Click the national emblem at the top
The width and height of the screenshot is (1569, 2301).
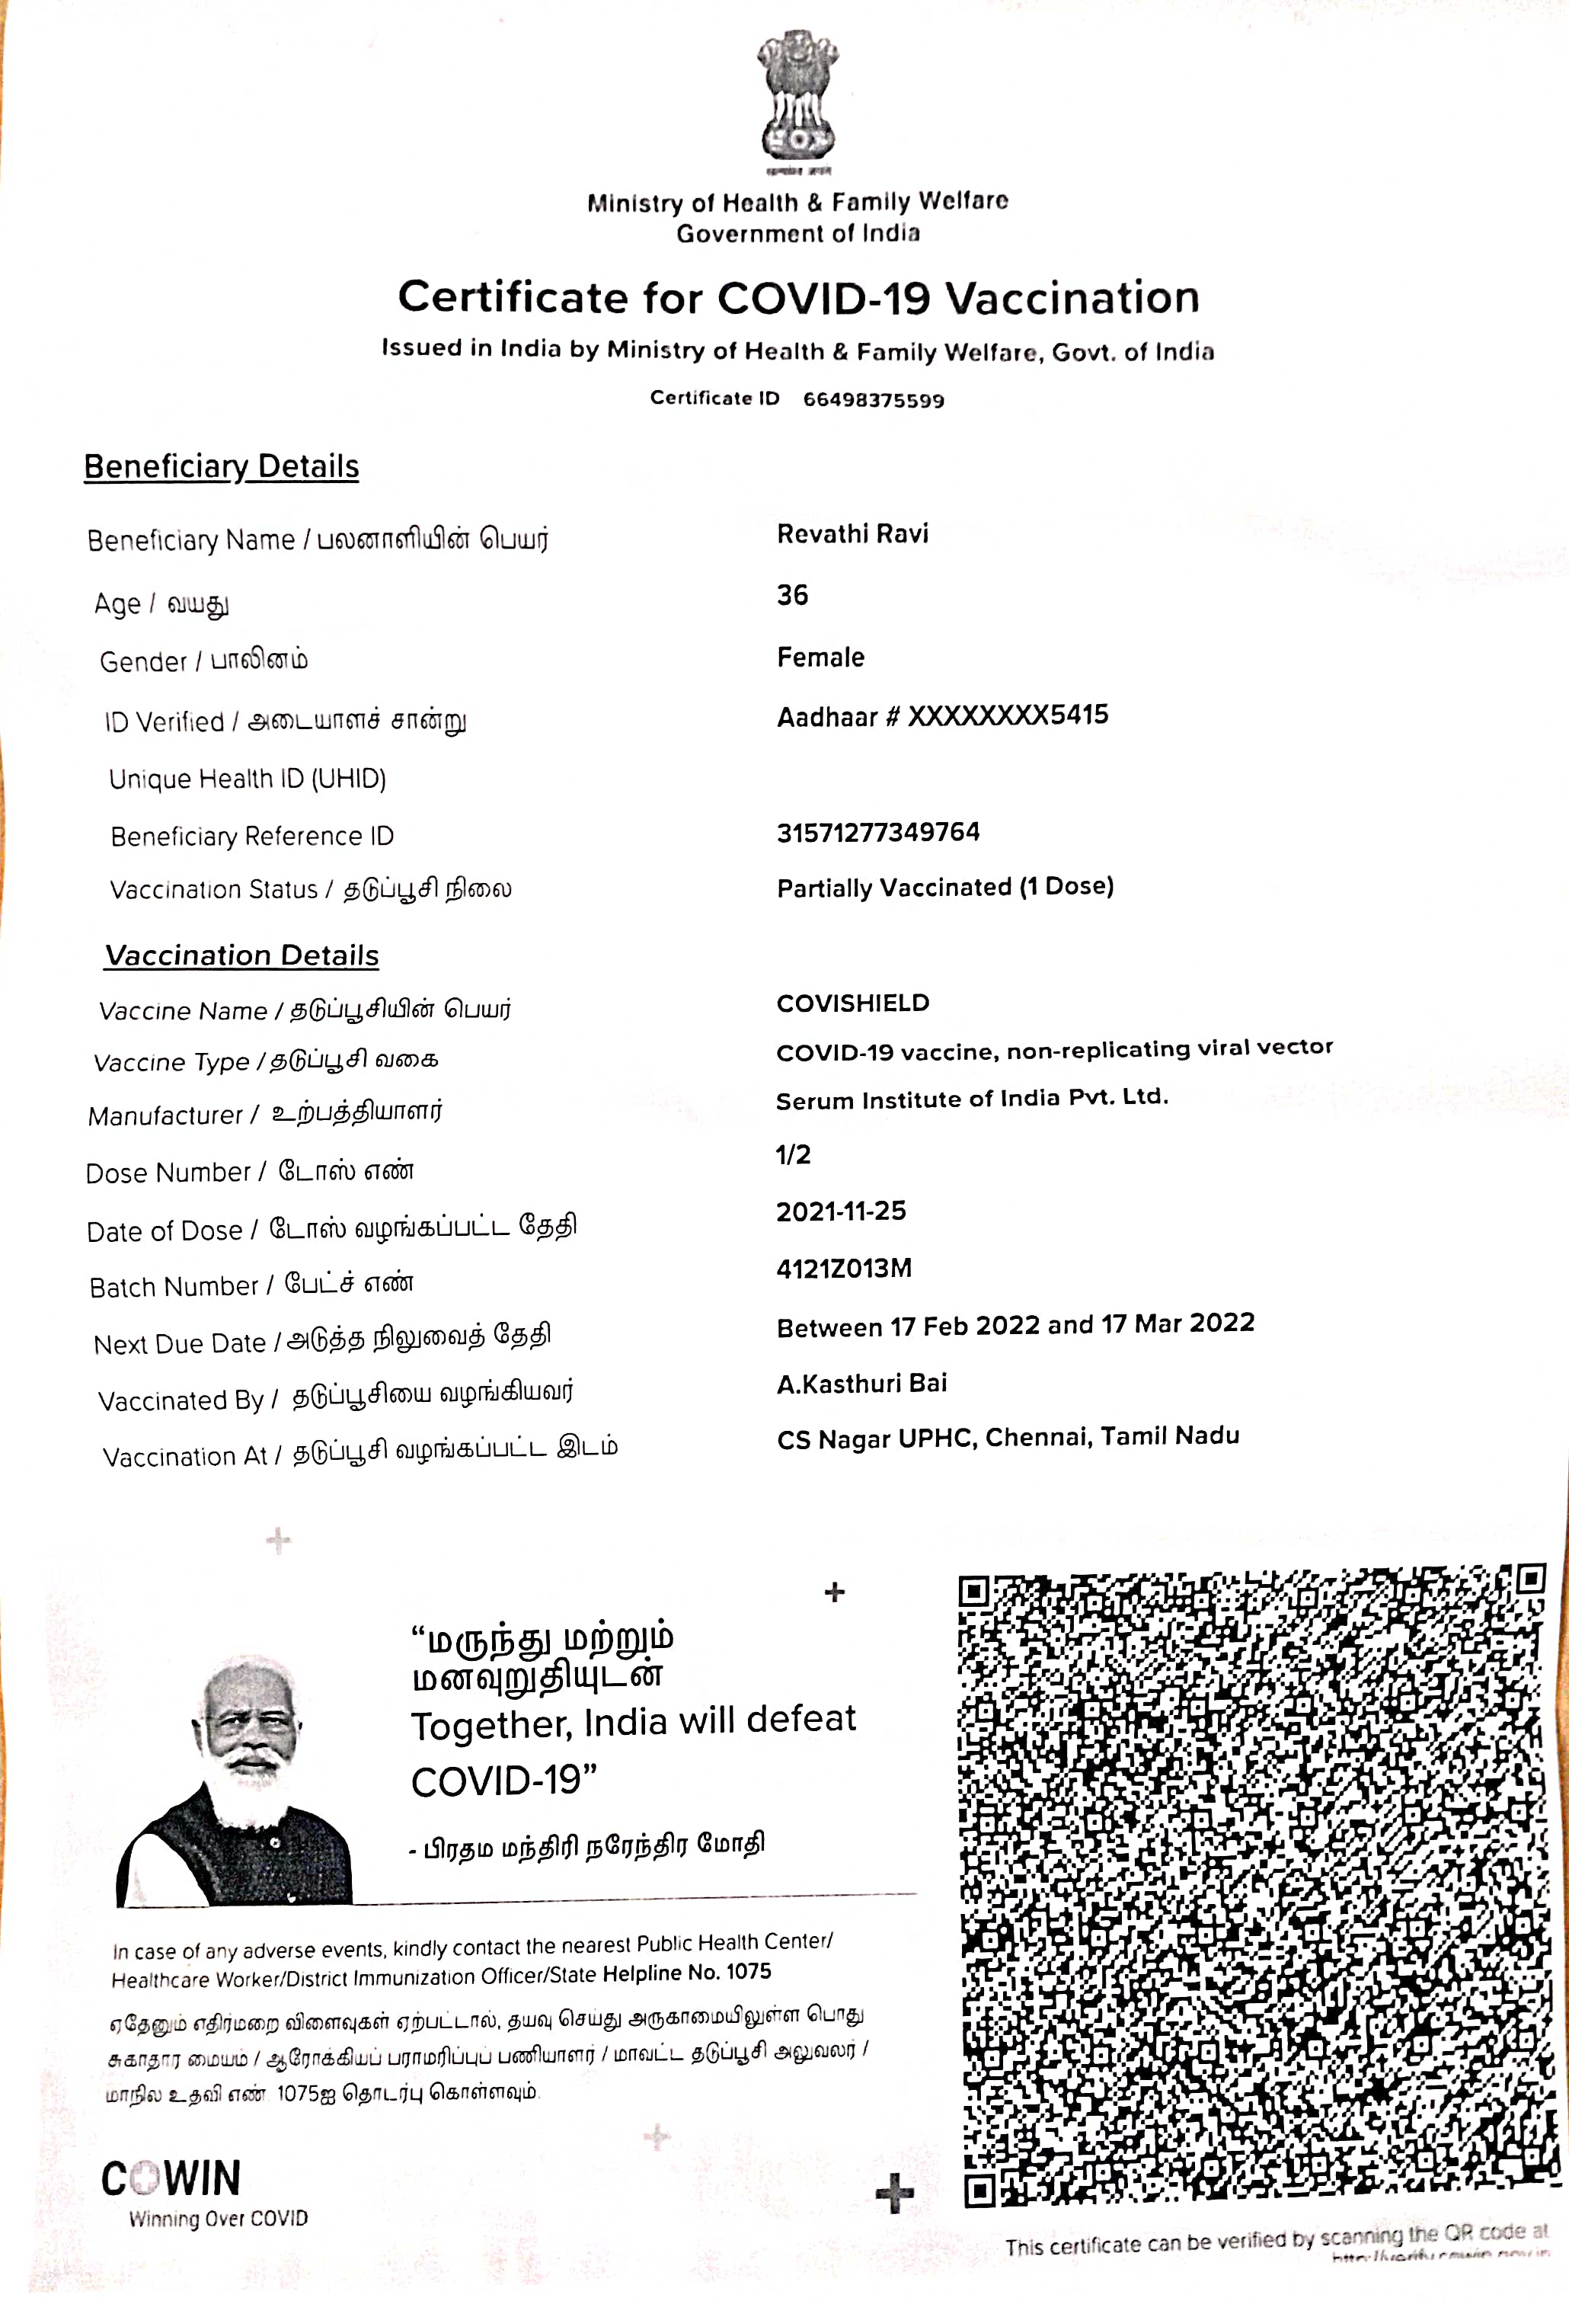[x=798, y=99]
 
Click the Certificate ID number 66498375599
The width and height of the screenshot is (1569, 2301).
[x=873, y=400]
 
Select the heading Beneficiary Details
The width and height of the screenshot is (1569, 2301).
[x=221, y=466]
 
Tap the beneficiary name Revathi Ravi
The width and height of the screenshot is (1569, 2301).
[x=852, y=535]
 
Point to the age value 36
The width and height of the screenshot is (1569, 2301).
[x=792, y=595]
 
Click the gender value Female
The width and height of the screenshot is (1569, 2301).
[x=820, y=658]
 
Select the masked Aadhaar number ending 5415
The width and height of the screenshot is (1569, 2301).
[x=942, y=716]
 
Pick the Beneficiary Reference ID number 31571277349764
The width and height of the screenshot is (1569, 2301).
[x=878, y=833]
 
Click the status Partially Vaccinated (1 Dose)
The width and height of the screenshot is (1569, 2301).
[x=945, y=887]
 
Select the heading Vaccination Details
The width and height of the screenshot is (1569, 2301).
[x=241, y=955]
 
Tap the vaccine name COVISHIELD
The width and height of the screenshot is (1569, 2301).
[x=852, y=1003]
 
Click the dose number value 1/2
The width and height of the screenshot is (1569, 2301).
[x=793, y=1154]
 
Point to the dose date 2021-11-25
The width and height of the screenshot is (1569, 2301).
[x=840, y=1211]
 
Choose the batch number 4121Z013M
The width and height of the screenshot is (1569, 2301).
[x=843, y=1269]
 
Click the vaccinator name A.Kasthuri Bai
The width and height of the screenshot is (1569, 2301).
[x=861, y=1383]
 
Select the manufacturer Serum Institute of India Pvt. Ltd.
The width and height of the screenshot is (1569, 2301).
[x=971, y=1099]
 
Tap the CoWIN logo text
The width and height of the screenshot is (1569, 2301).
[x=171, y=2179]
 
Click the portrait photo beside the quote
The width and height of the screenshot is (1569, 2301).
[x=235, y=1783]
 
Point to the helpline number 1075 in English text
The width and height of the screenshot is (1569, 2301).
[x=749, y=1971]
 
